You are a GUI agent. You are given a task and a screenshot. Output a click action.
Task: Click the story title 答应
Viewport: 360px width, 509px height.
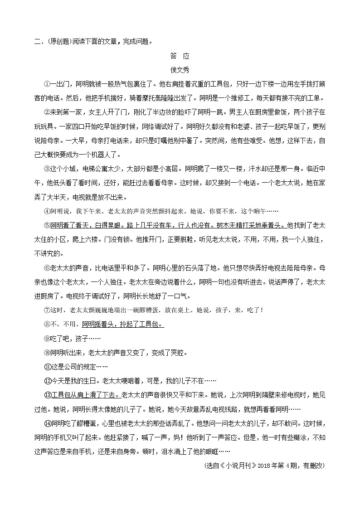tap(180, 56)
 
